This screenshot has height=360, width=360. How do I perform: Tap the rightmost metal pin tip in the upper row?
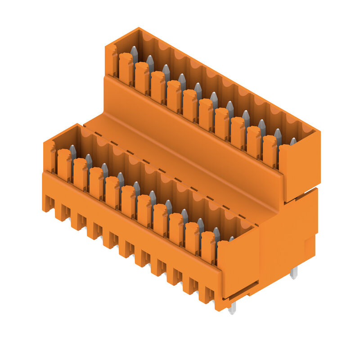tap(293, 141)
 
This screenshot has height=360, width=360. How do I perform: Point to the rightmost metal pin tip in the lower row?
tap(231, 239)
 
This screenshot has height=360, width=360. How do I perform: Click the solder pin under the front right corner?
tap(232, 308)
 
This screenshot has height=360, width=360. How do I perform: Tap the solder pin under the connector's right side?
tap(294, 272)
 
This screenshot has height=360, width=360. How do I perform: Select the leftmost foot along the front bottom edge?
tap(48, 205)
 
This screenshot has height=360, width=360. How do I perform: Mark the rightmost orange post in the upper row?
tap(270, 151)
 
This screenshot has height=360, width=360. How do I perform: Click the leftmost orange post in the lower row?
tap(64, 165)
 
